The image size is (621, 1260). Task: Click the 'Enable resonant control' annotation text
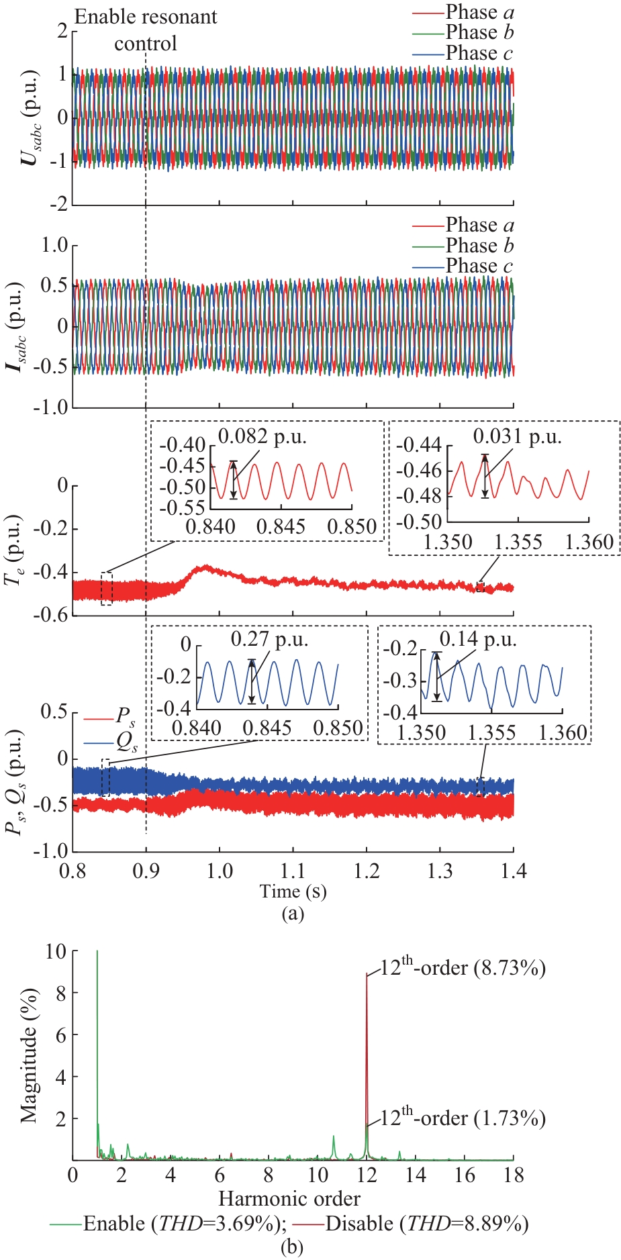146,30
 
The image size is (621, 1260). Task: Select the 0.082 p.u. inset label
262,437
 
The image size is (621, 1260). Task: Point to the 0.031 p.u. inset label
517,437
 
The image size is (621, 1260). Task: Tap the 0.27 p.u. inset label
269,639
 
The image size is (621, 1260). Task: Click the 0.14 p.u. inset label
478,639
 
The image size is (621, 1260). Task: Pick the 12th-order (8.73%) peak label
463,967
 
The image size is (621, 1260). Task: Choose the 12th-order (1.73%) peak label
463,1118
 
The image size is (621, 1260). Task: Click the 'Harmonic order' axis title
289,1198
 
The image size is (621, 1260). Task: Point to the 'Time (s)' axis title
293,891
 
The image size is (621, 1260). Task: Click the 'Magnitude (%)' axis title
28,1055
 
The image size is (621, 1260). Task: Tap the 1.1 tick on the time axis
293,871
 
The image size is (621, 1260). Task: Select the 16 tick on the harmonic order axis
465,1175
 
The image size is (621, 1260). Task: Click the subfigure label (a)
293,913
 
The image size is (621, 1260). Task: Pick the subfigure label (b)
291,1247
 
